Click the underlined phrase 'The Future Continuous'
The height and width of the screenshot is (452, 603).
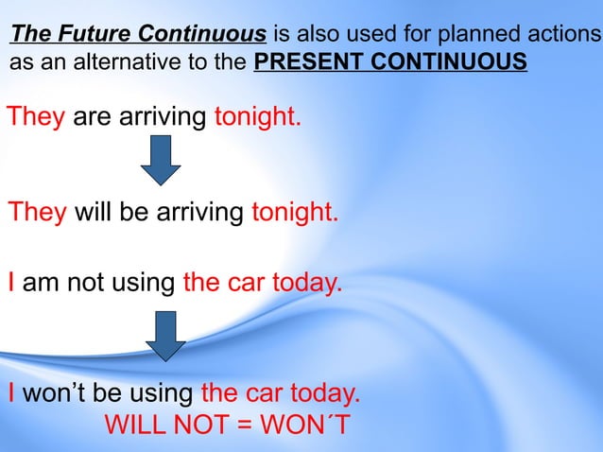(138, 36)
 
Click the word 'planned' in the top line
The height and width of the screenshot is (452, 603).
(465, 36)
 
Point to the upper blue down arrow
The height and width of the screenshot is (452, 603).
(161, 160)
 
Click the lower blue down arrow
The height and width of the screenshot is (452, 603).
(165, 336)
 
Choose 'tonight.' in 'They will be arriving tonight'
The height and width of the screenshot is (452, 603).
(294, 211)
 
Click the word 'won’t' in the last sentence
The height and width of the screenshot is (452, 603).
(56, 393)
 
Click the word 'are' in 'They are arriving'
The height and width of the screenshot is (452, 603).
(92, 118)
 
